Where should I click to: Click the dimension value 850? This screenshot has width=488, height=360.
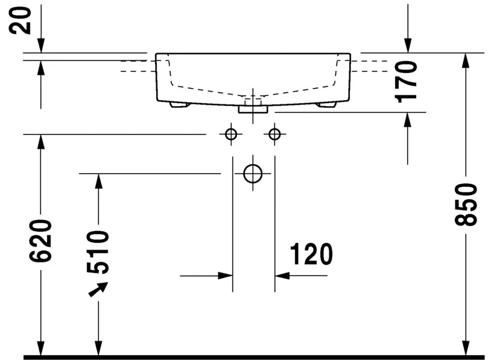pos(466,204)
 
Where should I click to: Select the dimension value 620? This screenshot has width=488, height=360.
pos(40,241)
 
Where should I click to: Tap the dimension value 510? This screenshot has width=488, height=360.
pos(98,252)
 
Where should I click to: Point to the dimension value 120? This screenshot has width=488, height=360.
pos(311,254)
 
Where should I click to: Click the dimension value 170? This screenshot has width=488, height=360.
pos(405,82)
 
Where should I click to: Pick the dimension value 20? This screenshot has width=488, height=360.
pos(21,21)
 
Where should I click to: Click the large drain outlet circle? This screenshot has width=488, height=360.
pos(253,174)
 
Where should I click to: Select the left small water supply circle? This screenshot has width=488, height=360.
pos(231,134)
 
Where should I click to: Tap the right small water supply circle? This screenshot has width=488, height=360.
pos(274,134)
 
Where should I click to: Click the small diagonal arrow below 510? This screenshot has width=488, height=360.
pos(98,289)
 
